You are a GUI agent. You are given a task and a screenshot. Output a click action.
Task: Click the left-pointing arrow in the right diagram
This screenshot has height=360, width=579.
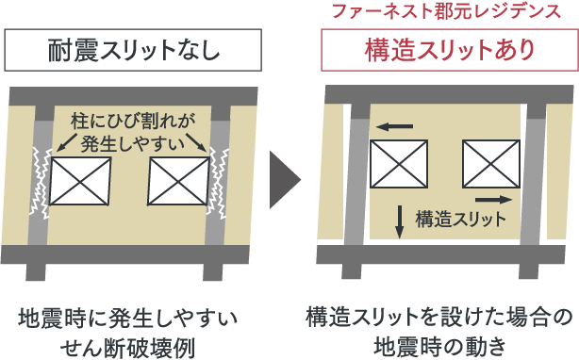point(396,125)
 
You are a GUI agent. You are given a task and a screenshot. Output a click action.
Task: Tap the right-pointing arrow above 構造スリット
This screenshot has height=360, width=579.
point(492,200)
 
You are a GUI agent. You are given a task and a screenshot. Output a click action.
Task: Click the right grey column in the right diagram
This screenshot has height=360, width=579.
point(534,179)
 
